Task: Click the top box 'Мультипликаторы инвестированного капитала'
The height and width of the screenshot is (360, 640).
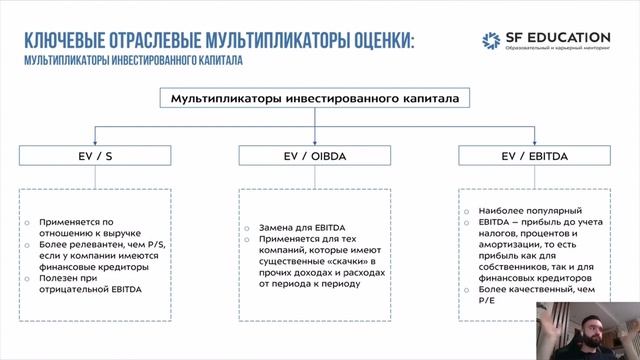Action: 315,100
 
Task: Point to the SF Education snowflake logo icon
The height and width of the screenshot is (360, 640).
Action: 491,41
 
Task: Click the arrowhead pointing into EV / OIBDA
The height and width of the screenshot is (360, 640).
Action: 315,141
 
